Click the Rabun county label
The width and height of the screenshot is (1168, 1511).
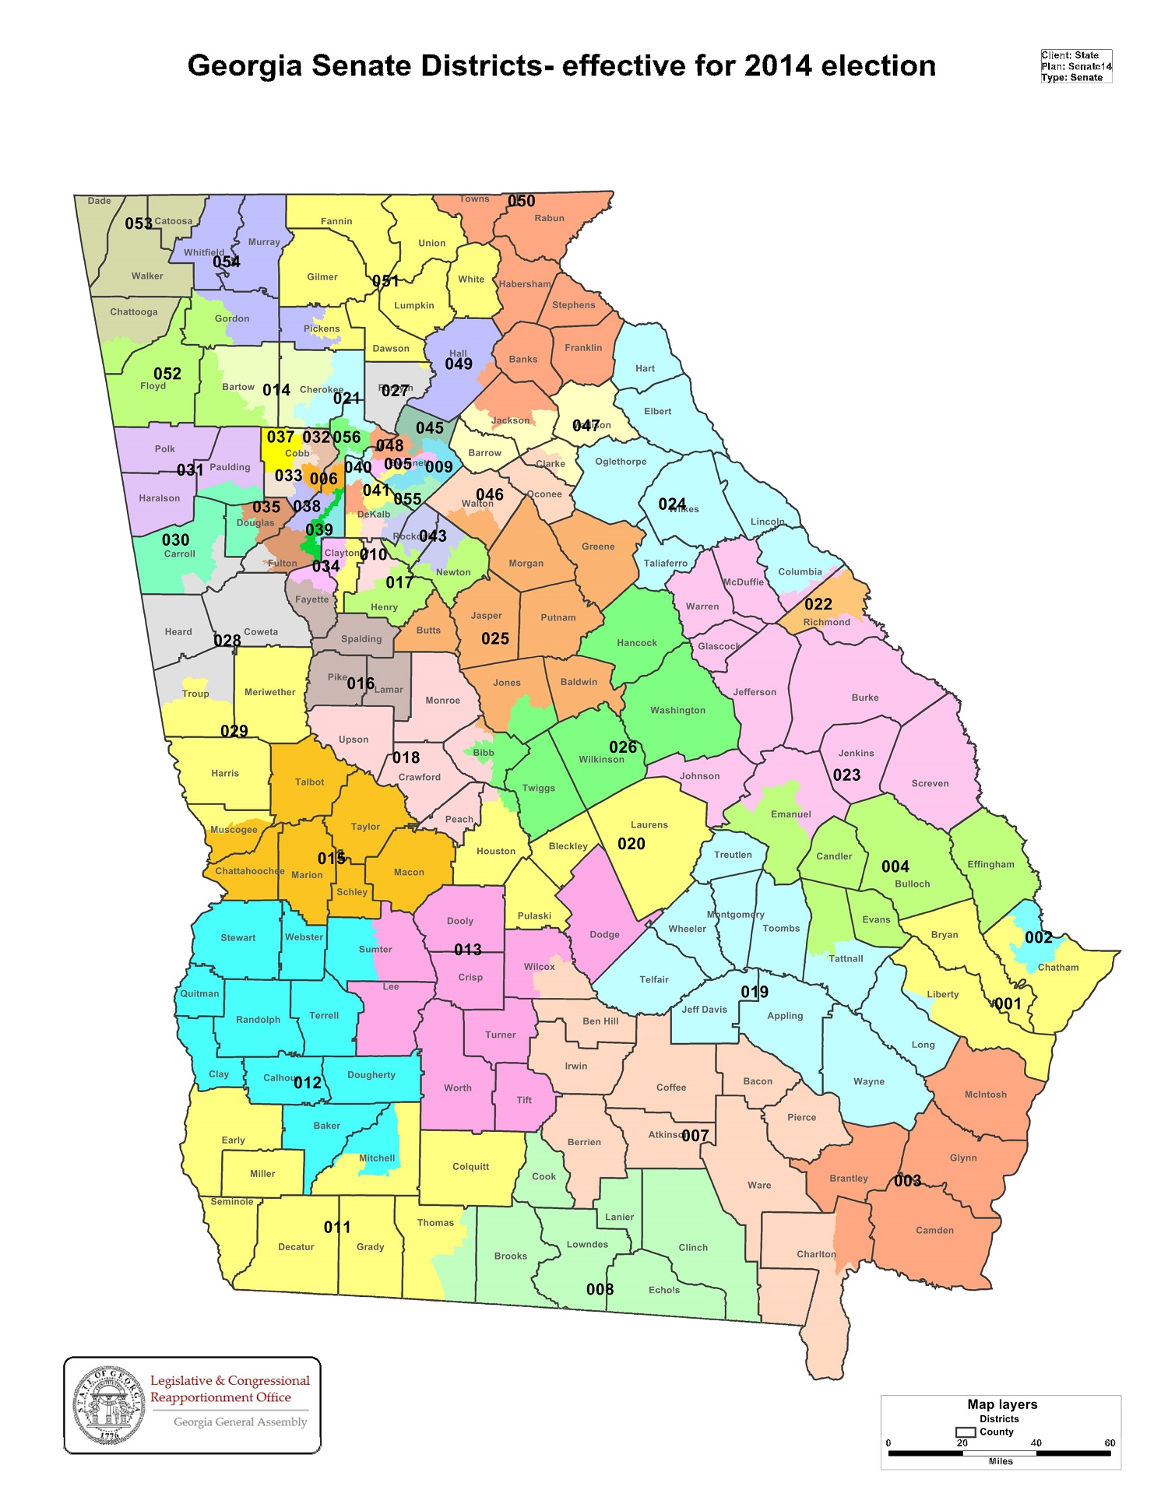(549, 218)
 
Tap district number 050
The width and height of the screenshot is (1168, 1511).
(521, 201)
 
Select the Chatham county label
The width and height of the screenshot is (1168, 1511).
(1058, 968)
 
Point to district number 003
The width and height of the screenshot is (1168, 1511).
(907, 1181)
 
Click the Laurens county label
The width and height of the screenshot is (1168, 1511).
(649, 824)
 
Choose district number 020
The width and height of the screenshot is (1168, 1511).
(631, 844)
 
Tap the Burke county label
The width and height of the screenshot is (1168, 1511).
(864, 698)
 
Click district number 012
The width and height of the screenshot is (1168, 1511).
(308, 1083)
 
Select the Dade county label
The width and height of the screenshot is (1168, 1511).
(99, 201)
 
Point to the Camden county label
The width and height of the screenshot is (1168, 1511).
(934, 1230)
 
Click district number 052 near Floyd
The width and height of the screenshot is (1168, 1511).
(167, 374)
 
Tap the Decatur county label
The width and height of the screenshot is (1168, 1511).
(296, 1246)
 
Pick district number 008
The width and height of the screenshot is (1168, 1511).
(600, 1289)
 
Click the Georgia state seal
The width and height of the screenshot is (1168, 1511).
(109, 1406)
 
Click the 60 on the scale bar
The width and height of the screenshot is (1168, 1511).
(1109, 1442)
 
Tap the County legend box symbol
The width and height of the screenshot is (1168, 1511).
(966, 1432)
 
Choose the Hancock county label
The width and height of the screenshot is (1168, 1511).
(636, 643)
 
